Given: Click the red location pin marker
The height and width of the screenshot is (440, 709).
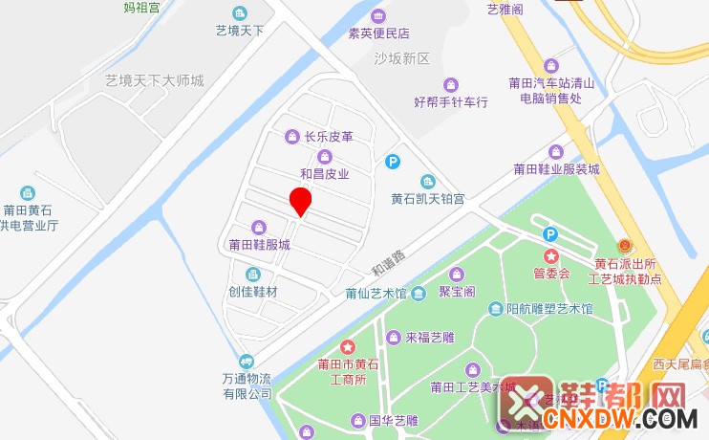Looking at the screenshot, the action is pos(301,202).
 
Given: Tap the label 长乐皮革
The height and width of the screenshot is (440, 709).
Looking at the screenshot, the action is pos(328,137).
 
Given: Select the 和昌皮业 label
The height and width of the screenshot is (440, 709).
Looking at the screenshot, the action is pos(325,174).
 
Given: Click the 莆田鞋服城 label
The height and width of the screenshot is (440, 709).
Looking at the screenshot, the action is pos(259,244).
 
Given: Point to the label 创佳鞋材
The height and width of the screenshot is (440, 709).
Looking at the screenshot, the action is pos(252,291).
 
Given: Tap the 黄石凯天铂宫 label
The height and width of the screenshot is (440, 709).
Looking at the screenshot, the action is pos(427,199).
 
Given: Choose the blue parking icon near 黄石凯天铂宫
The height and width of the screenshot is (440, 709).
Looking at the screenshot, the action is pos(392,163).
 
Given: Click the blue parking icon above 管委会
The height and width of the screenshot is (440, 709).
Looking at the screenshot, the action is pos(550,234).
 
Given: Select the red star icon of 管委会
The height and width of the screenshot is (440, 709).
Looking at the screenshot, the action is pos(551,256).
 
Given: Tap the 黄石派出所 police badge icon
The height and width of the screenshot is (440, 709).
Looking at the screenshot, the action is pos(627,247).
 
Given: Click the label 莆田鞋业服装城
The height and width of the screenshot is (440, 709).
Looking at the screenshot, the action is pos(556,169).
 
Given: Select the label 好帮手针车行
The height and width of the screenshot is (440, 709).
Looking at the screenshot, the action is pos(451,101).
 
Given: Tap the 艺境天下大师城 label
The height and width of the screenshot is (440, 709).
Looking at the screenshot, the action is pos(155,80).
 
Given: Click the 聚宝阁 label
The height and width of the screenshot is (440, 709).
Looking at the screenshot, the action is pos(457,292).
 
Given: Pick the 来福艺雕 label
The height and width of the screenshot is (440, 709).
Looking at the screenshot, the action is pos(428,337).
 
